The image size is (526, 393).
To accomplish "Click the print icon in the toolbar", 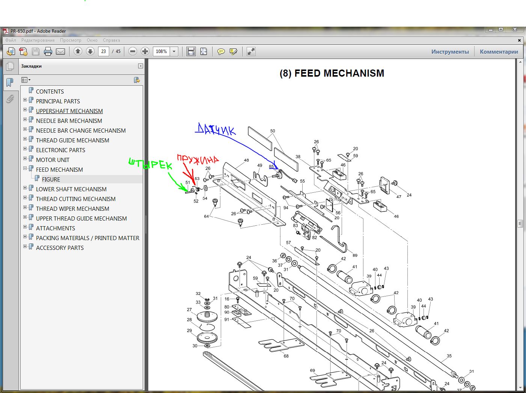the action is click(x=48, y=51).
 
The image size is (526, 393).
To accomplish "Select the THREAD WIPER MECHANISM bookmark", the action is click(x=72, y=209).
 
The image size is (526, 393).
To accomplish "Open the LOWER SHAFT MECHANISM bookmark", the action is click(x=71, y=189).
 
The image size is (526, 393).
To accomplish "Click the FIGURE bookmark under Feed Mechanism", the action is click(x=51, y=179).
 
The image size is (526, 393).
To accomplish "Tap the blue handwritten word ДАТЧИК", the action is click(x=216, y=130).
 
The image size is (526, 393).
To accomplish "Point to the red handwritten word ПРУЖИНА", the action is click(x=198, y=159).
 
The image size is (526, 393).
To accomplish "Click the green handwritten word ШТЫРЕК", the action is click(x=150, y=164).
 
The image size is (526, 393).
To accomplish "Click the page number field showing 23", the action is click(x=104, y=51).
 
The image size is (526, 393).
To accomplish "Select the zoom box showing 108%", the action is click(x=161, y=51).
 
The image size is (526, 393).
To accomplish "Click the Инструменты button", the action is click(x=450, y=51).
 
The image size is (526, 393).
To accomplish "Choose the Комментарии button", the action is click(x=499, y=51).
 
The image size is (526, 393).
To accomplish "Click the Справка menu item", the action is click(x=112, y=40).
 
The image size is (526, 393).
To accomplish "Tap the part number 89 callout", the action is click(x=355, y=255).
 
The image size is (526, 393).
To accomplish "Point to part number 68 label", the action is click(x=286, y=356).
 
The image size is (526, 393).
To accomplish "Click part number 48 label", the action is click(x=246, y=160).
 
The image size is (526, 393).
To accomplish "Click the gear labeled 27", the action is click(x=207, y=316).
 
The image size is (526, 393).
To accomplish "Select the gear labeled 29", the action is click(x=207, y=338).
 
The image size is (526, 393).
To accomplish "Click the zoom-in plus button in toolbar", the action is click(x=145, y=51).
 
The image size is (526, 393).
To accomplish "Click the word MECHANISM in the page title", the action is click(x=339, y=73).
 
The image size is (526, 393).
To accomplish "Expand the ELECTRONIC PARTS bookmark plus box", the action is click(x=25, y=149).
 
